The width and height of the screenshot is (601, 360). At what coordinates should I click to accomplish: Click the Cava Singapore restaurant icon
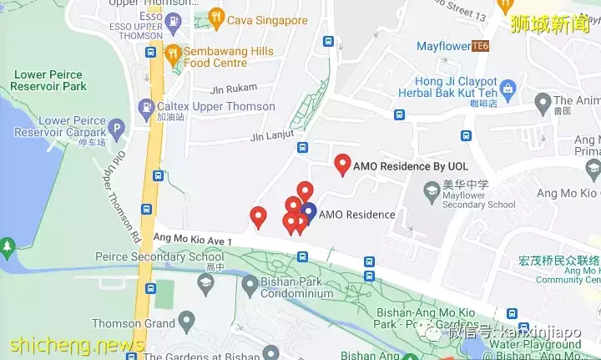click(x=217, y=18)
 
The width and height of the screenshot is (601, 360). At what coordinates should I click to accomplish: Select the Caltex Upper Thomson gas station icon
click(x=147, y=107)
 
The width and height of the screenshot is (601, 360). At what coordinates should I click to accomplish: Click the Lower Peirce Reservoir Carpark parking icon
click(x=118, y=129)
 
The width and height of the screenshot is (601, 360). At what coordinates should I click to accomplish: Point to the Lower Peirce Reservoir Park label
click(x=49, y=80)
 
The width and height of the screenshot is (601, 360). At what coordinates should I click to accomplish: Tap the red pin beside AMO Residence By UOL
click(x=341, y=164)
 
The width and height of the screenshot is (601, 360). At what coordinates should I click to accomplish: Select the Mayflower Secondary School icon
click(x=432, y=194)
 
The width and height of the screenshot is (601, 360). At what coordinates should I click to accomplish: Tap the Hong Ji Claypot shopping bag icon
click(x=508, y=88)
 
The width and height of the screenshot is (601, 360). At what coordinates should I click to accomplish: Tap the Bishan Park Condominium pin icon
click(x=249, y=285)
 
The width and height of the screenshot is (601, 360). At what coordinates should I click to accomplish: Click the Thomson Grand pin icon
click(x=186, y=320)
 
